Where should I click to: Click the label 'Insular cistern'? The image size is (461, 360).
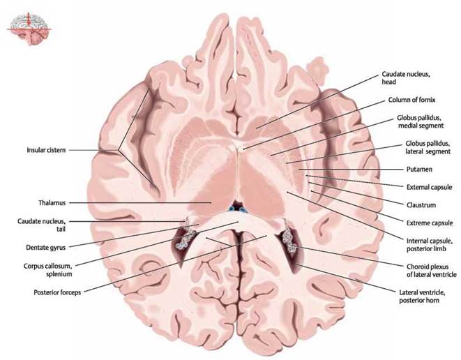(46, 150)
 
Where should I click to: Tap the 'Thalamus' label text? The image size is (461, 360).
(52, 202)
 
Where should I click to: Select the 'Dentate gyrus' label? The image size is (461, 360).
(45, 248)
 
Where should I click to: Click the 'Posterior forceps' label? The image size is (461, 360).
(57, 292)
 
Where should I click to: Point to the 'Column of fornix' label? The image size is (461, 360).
(411, 100)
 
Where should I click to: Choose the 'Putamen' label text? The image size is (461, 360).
(419, 170)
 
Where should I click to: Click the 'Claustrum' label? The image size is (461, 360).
(421, 205)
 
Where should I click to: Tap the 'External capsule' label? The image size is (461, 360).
(429, 187)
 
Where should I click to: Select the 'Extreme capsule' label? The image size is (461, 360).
(430, 223)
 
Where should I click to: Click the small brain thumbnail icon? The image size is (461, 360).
(29, 29)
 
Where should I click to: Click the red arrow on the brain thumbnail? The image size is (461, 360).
(29, 20)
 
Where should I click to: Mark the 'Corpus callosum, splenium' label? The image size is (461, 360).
(48, 270)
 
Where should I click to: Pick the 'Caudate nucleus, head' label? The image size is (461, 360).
(406, 78)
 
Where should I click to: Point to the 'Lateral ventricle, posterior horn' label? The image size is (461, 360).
(422, 297)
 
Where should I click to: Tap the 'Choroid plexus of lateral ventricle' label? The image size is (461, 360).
(432, 271)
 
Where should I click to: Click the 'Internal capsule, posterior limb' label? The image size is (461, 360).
(429, 245)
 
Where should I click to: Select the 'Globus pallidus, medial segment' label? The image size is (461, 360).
(420, 122)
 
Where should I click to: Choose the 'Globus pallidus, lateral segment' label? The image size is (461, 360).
(428, 147)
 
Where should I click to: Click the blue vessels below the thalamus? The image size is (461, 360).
(237, 209)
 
